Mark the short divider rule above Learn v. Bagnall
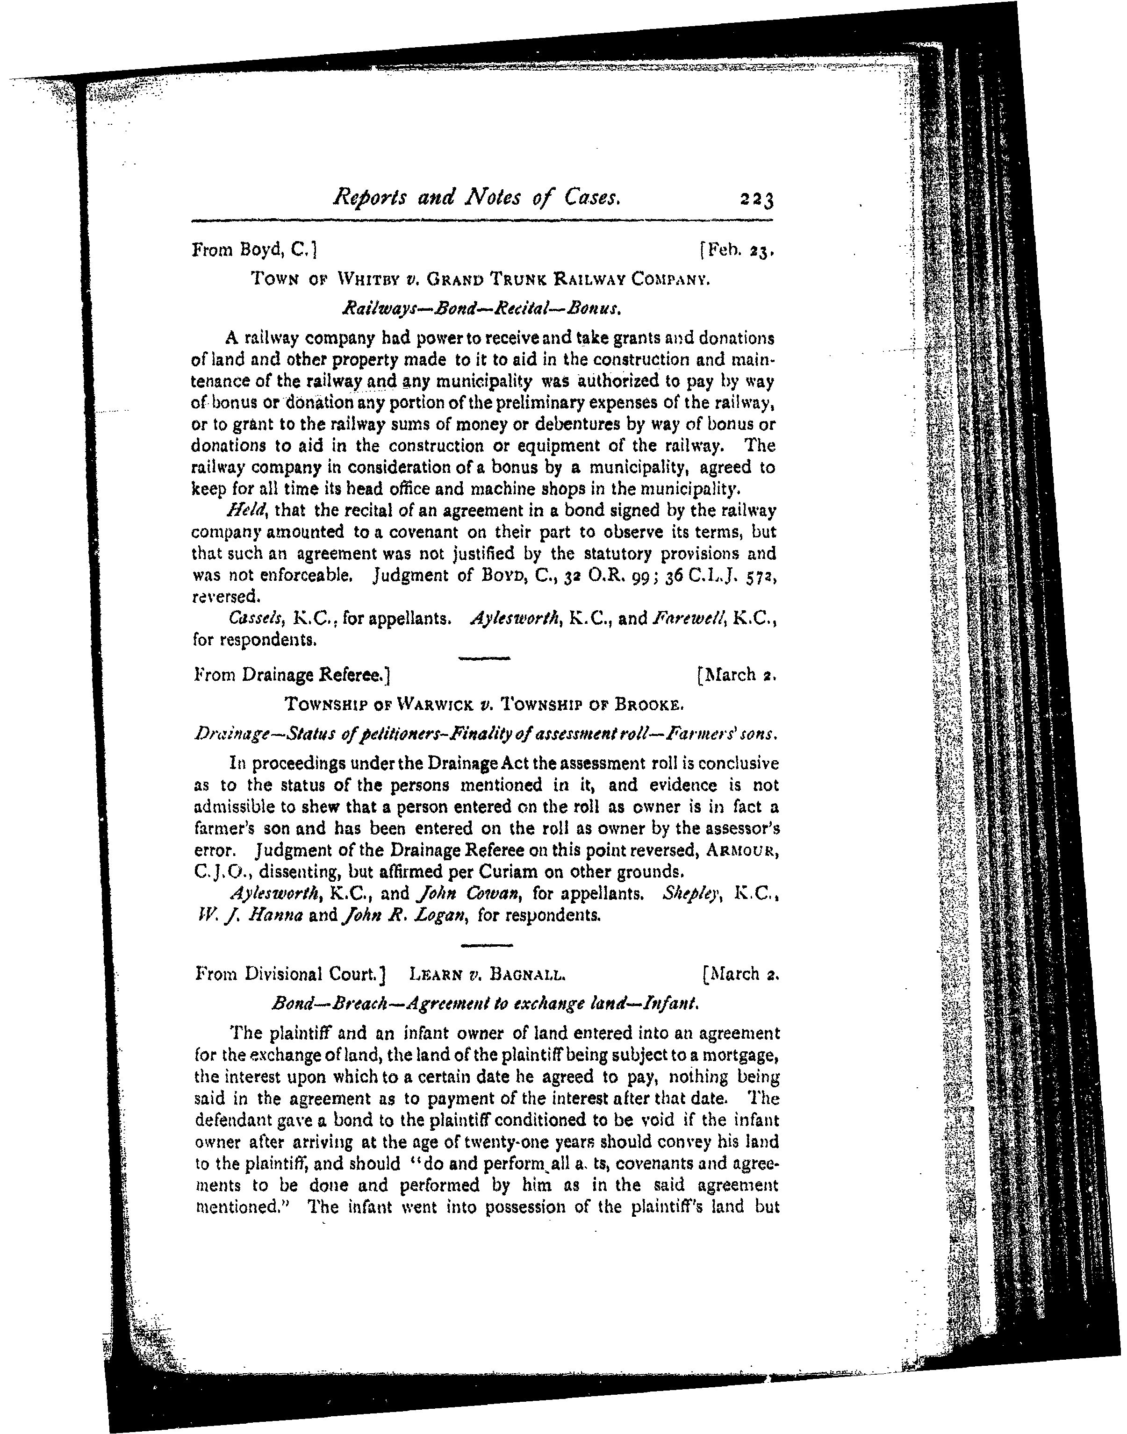pyautogui.click(x=486, y=946)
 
